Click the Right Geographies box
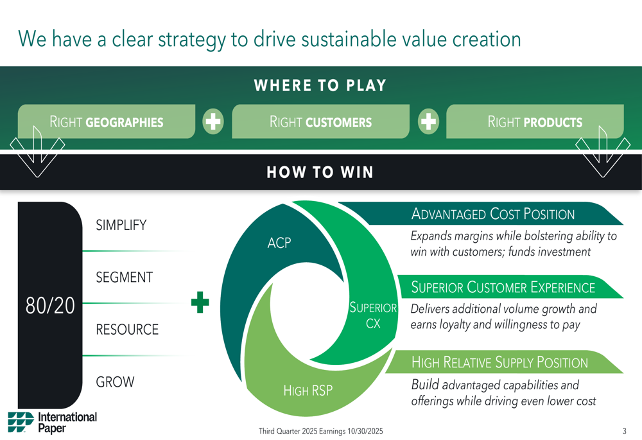[107, 121]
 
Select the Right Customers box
[320, 121]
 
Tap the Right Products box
[535, 121]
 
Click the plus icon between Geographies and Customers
[213, 121]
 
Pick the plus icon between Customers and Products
[428, 121]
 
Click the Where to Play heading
[320, 85]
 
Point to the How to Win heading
[320, 172]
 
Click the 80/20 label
[50, 306]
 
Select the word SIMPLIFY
[121, 225]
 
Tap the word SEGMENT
[125, 277]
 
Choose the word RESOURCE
[127, 330]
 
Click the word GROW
[115, 382]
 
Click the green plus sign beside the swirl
[200, 303]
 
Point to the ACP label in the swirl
[279, 243]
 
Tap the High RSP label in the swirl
[308, 391]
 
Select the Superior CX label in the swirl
[373, 315]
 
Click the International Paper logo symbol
[21, 423]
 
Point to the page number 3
[625, 431]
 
